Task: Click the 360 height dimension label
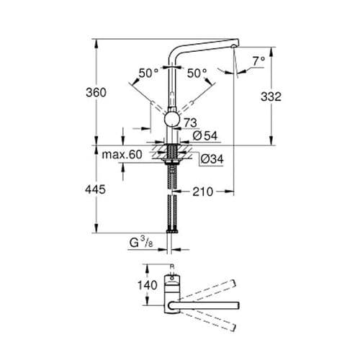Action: coord(96,92)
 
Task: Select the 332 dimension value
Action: coord(261,96)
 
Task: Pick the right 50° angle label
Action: coord(196,73)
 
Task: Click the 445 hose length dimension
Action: coord(96,189)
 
